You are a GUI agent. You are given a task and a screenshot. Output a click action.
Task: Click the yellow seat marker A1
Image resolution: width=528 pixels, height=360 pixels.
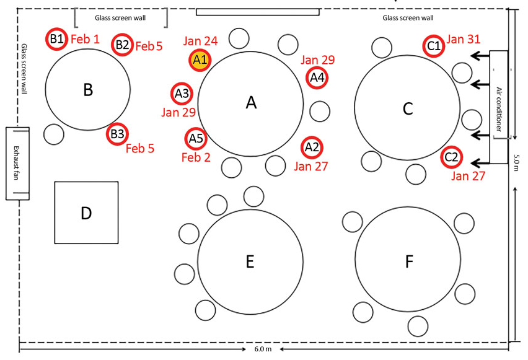[x=200, y=60]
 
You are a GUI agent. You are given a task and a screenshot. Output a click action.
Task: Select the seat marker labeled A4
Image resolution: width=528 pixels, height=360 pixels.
[x=317, y=78]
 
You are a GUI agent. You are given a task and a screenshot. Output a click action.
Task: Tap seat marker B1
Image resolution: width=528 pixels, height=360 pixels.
[x=56, y=39]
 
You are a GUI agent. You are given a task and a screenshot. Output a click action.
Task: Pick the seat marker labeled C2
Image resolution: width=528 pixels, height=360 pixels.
[x=452, y=157]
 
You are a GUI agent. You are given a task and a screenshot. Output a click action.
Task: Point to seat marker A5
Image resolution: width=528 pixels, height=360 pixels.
[x=196, y=138]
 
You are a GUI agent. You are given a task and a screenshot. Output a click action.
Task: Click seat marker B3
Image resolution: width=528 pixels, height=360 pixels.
[x=117, y=134]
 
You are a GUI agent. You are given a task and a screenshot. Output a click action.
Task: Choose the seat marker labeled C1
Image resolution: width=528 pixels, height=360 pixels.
[x=434, y=46]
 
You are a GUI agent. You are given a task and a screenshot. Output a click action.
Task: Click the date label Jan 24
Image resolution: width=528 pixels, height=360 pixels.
[x=200, y=41]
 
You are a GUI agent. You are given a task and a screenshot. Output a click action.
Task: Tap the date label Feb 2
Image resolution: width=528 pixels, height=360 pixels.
[x=196, y=157]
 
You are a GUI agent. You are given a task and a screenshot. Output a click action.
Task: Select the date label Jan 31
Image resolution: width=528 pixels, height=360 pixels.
[x=464, y=39]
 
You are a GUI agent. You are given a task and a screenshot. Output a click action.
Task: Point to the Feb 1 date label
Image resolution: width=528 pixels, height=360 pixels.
[x=85, y=39]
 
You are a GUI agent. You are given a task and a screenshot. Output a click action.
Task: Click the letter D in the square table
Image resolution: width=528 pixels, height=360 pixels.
[x=86, y=213]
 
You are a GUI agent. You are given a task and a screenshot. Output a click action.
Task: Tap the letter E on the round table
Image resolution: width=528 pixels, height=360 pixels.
[x=250, y=261]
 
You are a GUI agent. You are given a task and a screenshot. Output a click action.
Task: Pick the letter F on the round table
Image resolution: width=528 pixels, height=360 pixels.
[x=409, y=261]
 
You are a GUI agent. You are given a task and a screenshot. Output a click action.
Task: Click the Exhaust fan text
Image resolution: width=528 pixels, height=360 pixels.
[x=16, y=163]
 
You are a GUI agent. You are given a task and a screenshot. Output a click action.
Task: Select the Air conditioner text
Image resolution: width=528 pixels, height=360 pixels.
[x=499, y=109]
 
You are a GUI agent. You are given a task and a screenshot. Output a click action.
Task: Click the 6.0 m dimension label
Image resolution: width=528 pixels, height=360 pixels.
[x=263, y=349]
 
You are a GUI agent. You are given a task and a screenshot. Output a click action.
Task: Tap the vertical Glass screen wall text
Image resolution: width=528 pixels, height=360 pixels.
[x=24, y=69]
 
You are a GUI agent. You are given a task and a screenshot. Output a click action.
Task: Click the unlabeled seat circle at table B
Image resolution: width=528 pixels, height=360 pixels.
[x=54, y=134]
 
